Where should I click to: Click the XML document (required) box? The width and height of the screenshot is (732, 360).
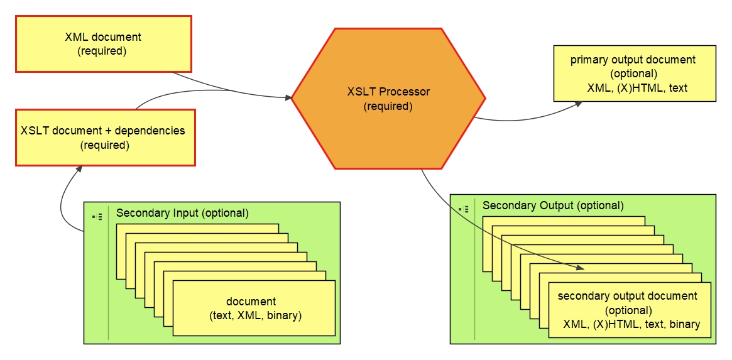(103, 44)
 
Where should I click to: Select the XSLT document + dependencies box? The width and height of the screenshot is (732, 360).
(105, 138)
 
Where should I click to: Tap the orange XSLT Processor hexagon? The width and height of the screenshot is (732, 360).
(388, 99)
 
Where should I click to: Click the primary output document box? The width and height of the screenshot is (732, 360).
(634, 74)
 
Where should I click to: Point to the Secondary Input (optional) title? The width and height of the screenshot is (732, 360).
(182, 213)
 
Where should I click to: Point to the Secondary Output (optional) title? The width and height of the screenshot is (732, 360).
(553, 205)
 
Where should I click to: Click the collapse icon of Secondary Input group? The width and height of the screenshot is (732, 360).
(97, 217)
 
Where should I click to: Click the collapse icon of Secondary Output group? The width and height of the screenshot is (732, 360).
(464, 209)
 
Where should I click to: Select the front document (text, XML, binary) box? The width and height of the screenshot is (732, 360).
(254, 308)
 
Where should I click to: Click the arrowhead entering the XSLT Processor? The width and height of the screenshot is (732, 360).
(288, 98)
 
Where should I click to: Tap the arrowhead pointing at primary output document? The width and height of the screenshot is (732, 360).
(579, 104)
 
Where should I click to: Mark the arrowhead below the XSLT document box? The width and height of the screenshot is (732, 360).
(80, 170)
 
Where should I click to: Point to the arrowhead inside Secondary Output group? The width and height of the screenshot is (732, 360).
(581, 268)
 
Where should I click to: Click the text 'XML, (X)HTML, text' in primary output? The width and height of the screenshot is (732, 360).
(637, 88)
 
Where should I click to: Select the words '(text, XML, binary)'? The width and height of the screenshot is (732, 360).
(255, 315)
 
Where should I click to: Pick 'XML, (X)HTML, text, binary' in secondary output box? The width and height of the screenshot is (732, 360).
(631, 324)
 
